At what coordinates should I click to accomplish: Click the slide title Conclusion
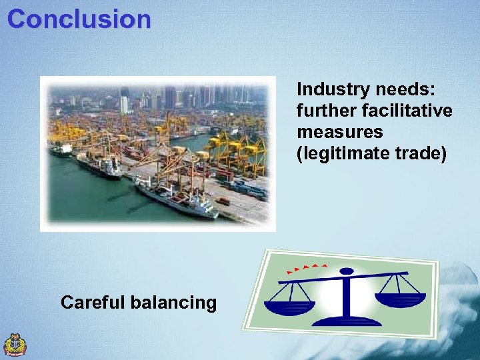coord(79,19)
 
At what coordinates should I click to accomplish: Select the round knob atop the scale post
coord(347,271)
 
